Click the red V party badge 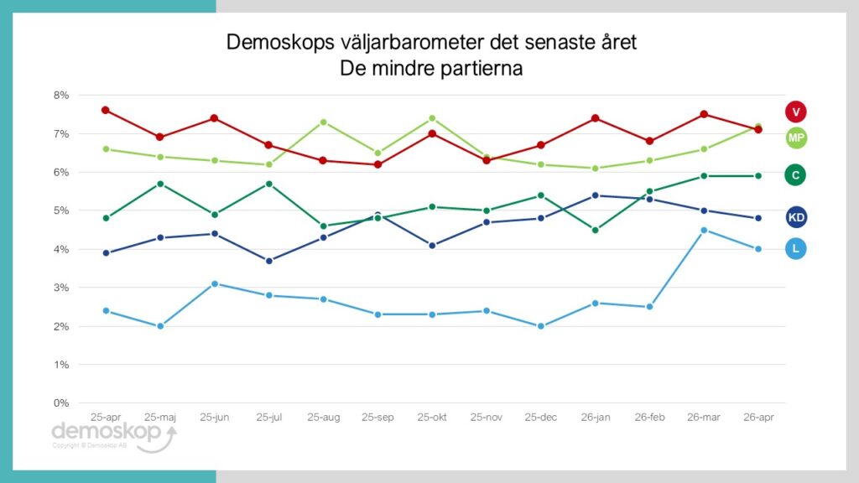795,111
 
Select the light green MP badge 795,138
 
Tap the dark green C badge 795,174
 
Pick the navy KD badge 795,218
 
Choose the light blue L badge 795,248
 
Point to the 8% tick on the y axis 60,96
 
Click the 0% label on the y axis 60,403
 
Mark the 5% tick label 60,211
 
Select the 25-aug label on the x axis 323,417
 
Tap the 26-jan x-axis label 596,417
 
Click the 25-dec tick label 541,417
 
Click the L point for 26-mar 705,230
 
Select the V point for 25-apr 106,110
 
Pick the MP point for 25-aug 324,122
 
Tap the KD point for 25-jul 269,261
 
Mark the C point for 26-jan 596,230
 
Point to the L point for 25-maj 160,326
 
